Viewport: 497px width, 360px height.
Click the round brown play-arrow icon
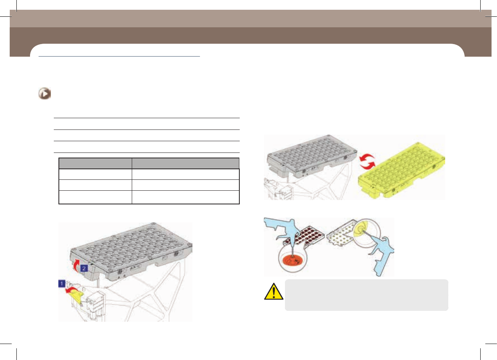pos(44,94)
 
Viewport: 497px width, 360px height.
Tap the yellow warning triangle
pos(274,292)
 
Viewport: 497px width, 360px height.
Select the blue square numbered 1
pos(62,284)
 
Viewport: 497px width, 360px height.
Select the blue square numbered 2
pos(84,268)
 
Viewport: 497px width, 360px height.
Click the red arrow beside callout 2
pos(76,265)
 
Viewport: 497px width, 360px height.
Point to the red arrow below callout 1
pos(71,290)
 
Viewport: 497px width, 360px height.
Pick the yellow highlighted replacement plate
pos(402,170)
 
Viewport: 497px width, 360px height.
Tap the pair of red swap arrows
pos(367,161)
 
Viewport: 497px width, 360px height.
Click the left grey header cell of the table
pos(96,163)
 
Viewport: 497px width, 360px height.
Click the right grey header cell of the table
pos(186,163)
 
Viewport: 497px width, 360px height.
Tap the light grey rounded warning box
pos(366,295)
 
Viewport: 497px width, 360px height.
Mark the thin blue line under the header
pos(119,57)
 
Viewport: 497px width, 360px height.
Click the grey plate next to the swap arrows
pos(312,156)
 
